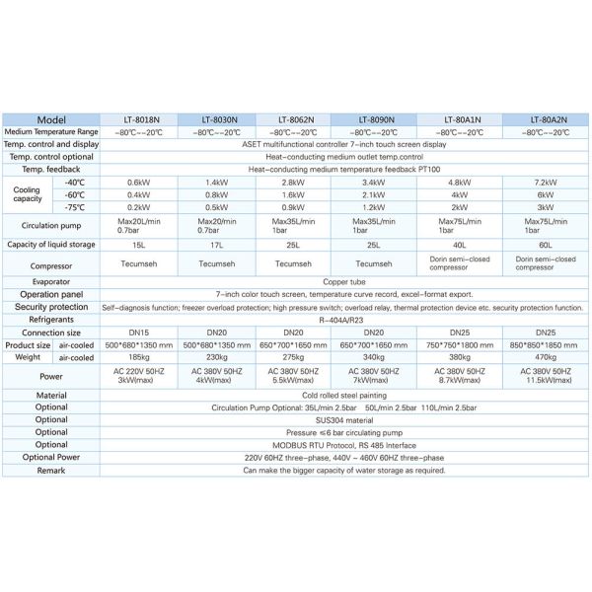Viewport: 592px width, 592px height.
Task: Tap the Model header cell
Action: pos(51,119)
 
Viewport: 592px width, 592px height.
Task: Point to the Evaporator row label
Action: pos(51,281)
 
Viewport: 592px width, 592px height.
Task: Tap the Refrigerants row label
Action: pos(51,320)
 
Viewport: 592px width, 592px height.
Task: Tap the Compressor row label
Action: pos(51,263)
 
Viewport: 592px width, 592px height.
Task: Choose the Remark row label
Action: pos(51,470)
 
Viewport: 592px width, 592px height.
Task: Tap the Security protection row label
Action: pos(51,307)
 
